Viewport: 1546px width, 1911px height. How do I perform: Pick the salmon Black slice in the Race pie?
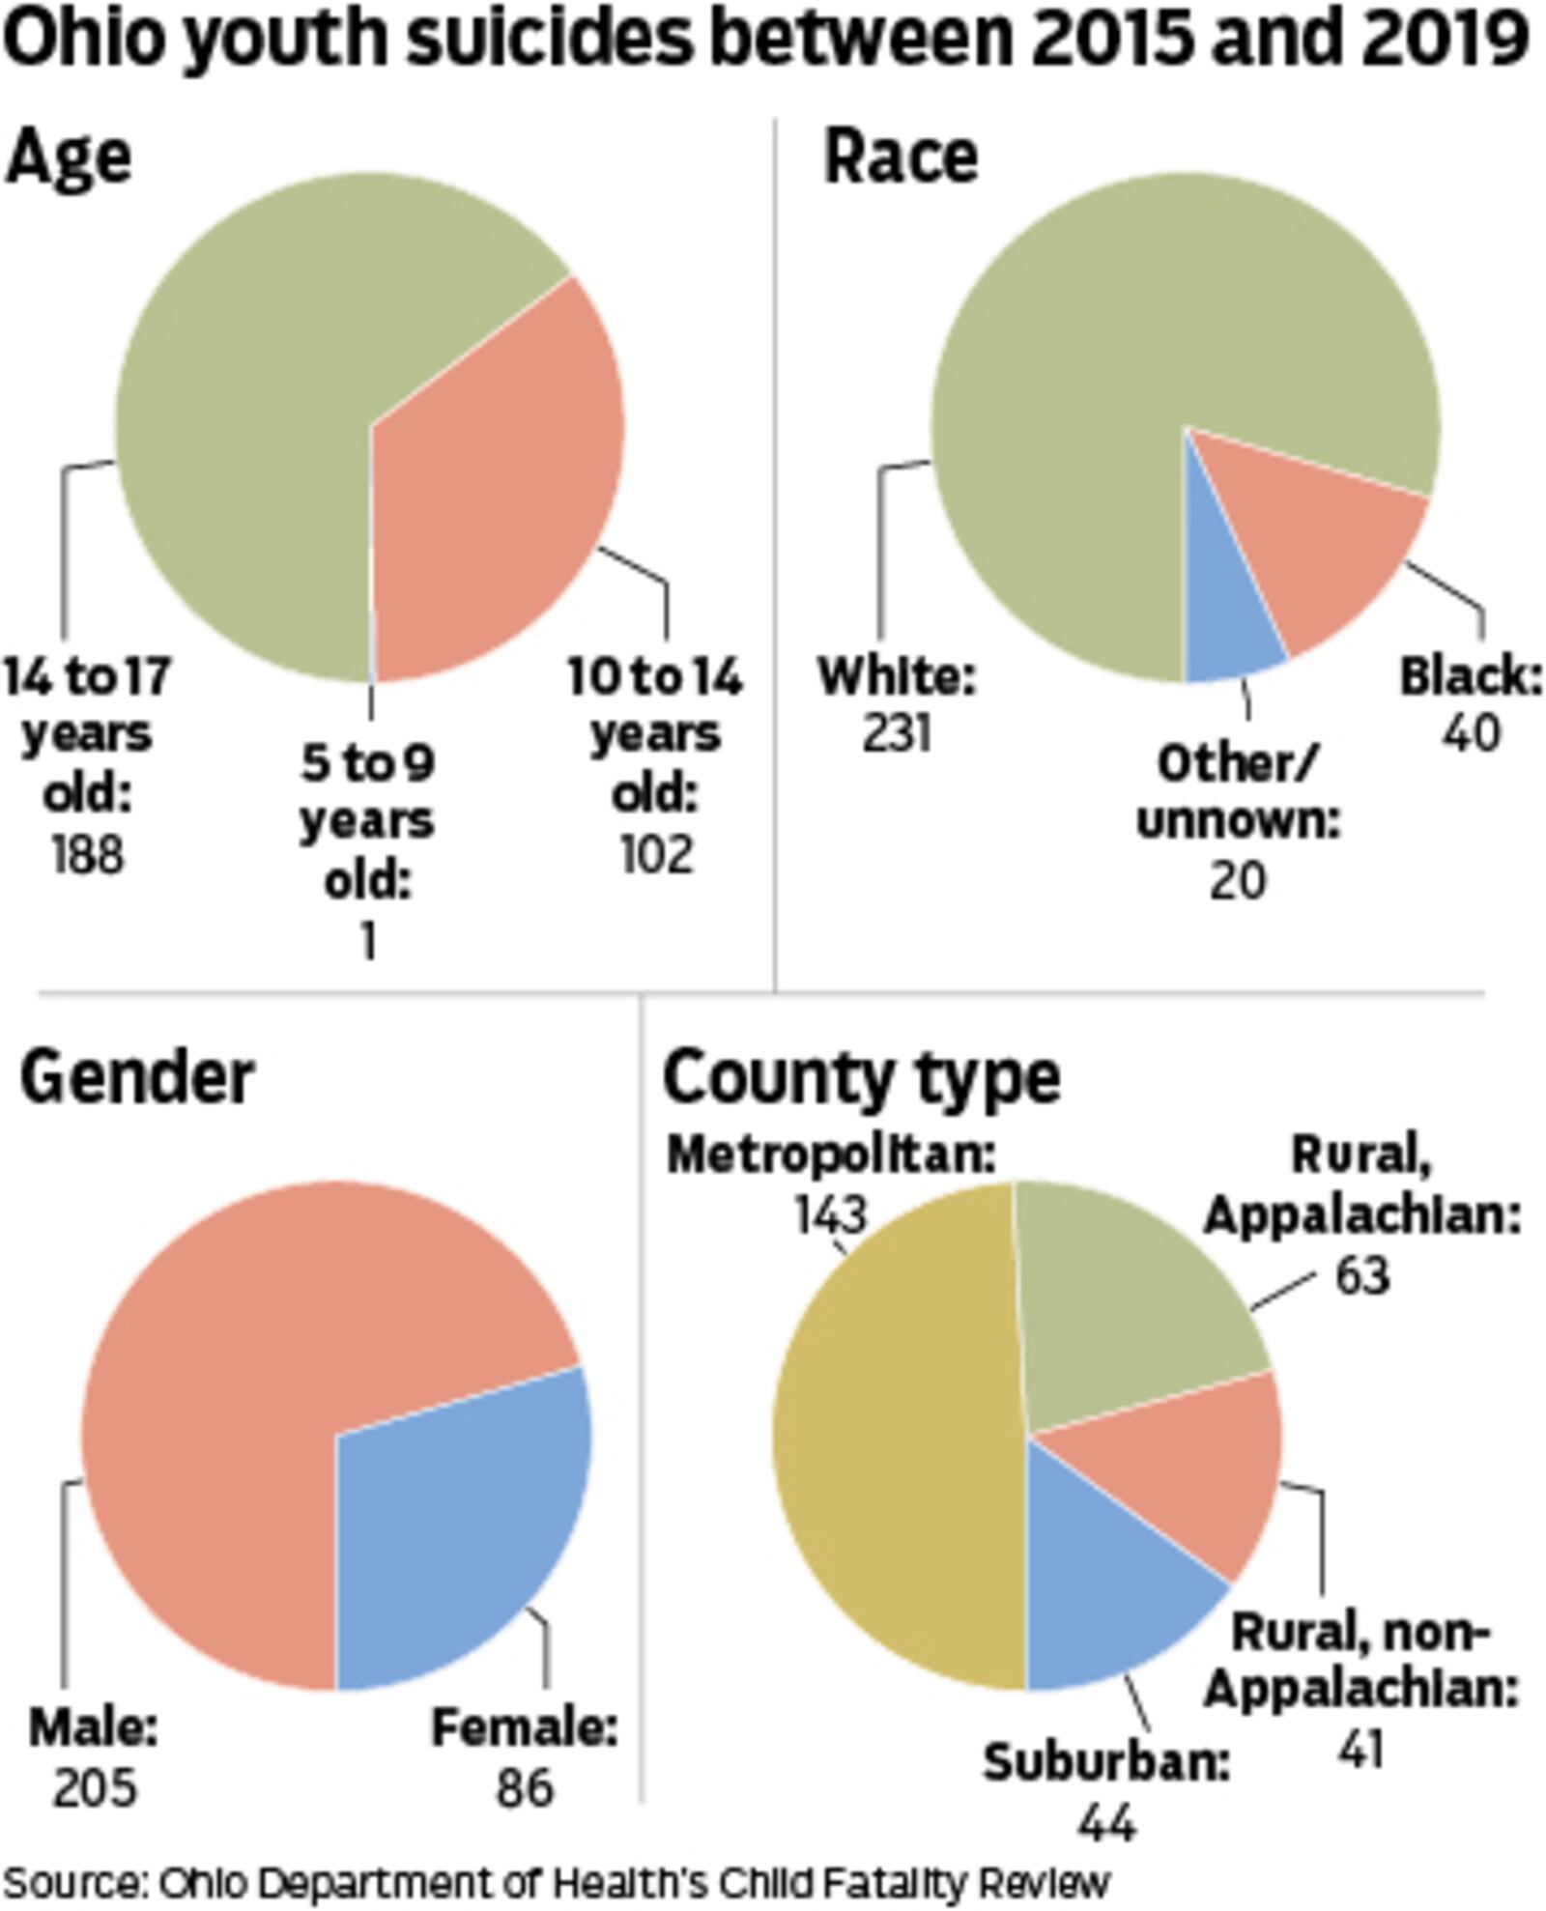tap(1324, 551)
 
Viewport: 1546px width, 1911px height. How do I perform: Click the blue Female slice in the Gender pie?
tap(454, 1536)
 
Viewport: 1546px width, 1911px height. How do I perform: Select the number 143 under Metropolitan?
tap(831, 1213)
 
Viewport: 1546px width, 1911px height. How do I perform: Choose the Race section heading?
tap(901, 157)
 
